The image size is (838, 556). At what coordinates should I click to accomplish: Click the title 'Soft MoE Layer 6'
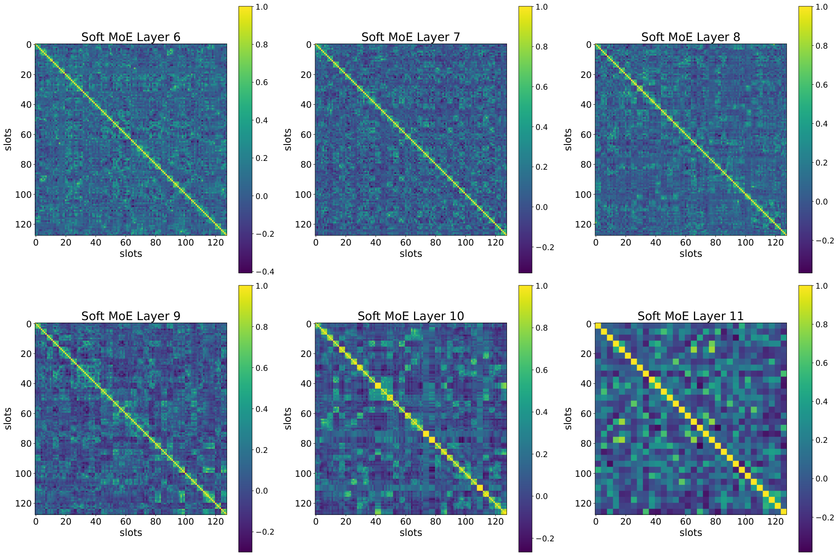point(131,37)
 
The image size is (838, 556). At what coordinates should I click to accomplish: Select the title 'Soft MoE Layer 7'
point(411,37)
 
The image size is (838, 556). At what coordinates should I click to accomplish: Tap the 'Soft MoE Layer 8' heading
point(691,37)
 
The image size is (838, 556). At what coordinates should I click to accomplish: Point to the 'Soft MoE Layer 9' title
point(131,316)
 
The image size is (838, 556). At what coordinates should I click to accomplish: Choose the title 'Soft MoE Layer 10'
point(411,316)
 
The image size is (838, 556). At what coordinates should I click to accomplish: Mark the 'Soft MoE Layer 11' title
point(691,316)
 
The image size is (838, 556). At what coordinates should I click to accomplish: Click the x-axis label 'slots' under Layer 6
point(131,253)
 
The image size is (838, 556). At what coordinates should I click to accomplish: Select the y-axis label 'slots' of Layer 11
point(568,418)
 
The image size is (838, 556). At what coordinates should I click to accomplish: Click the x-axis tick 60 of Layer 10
point(406,522)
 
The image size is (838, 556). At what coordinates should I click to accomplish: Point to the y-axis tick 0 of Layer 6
point(28,45)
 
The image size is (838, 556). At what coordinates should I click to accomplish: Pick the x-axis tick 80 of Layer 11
point(716,522)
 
